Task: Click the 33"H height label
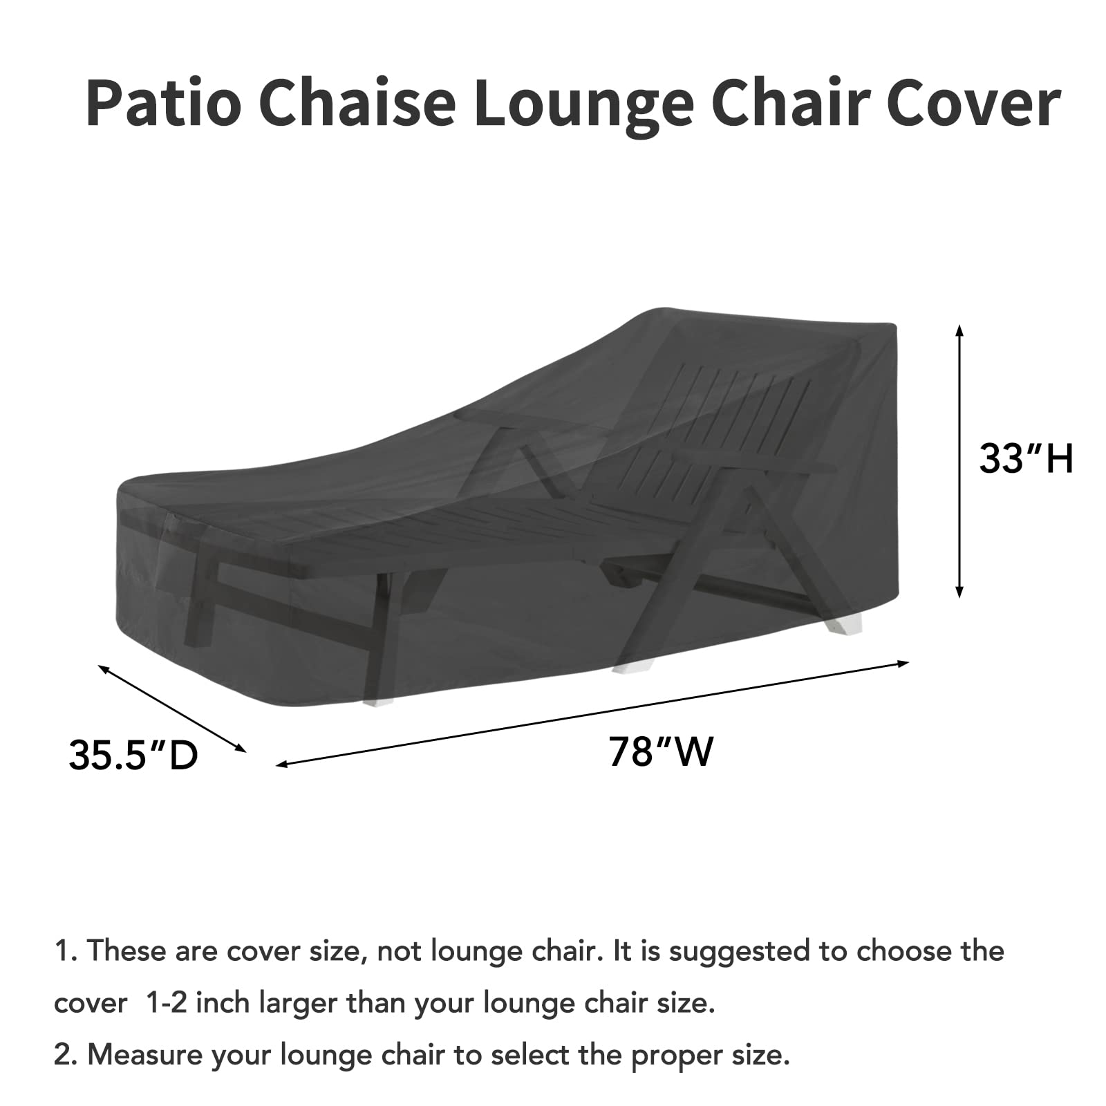1026,458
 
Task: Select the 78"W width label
660,751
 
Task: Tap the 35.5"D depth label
133,754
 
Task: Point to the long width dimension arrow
592,713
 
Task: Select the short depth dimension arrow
172,708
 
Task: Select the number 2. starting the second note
66,1056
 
